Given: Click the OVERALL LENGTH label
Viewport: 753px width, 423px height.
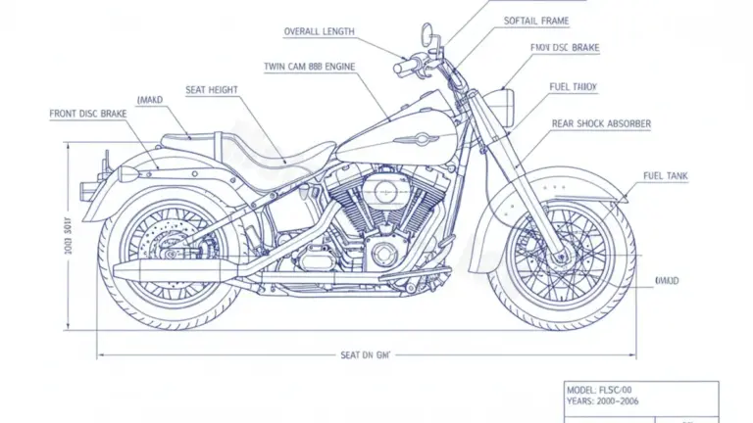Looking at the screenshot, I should [318, 31].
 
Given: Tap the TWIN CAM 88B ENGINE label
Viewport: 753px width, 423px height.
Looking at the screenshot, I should [310, 67].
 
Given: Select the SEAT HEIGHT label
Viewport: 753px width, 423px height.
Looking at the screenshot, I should [212, 90].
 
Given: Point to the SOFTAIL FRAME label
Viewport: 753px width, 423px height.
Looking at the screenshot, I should [536, 21].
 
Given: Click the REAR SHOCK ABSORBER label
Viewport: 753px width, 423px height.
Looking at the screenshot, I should [601, 124].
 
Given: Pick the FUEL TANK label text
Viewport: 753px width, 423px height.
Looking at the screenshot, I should [666, 176].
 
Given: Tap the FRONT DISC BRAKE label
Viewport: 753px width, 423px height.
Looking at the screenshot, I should [88, 115].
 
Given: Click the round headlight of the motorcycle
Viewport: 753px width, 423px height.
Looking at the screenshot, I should [507, 101].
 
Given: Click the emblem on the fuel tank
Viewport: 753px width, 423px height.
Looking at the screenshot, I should [416, 139].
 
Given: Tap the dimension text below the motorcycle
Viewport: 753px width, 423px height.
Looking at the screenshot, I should [365, 354].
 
